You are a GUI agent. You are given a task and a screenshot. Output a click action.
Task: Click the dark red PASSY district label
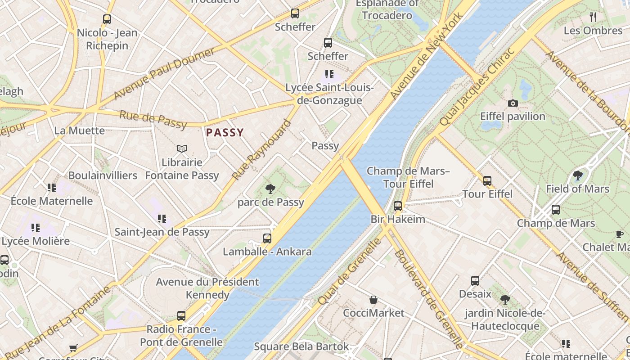[x=225, y=133]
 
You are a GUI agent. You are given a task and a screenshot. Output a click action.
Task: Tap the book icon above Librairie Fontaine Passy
[x=182, y=148]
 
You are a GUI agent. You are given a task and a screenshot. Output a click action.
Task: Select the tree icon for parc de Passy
[x=270, y=189]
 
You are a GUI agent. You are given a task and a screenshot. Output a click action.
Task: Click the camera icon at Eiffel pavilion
[x=513, y=103]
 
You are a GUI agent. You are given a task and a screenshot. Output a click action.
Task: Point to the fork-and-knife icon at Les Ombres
[x=593, y=17]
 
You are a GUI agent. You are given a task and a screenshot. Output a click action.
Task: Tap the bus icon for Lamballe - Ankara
[x=267, y=238]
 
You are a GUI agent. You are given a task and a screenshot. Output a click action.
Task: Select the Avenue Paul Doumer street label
[x=164, y=74]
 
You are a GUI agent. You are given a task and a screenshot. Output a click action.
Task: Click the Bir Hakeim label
[x=398, y=219]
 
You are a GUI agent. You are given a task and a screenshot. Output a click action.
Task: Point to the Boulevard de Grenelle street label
[x=428, y=299]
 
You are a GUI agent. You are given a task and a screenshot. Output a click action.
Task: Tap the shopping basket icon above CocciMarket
[x=373, y=300]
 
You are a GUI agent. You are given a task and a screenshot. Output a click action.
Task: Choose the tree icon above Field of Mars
[x=578, y=175]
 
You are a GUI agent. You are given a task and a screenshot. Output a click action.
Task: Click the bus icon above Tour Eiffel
[x=487, y=181]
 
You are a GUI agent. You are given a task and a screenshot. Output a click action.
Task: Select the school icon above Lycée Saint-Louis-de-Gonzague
[x=329, y=74]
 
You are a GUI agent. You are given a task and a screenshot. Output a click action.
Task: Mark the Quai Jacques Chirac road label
[x=477, y=87]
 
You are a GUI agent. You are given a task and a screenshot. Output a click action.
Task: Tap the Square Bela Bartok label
[x=301, y=346]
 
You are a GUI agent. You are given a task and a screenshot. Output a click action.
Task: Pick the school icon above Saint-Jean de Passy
[x=162, y=219]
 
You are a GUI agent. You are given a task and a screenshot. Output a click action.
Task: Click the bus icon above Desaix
[x=475, y=281]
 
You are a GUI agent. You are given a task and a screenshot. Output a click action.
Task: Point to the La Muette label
[x=79, y=130]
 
